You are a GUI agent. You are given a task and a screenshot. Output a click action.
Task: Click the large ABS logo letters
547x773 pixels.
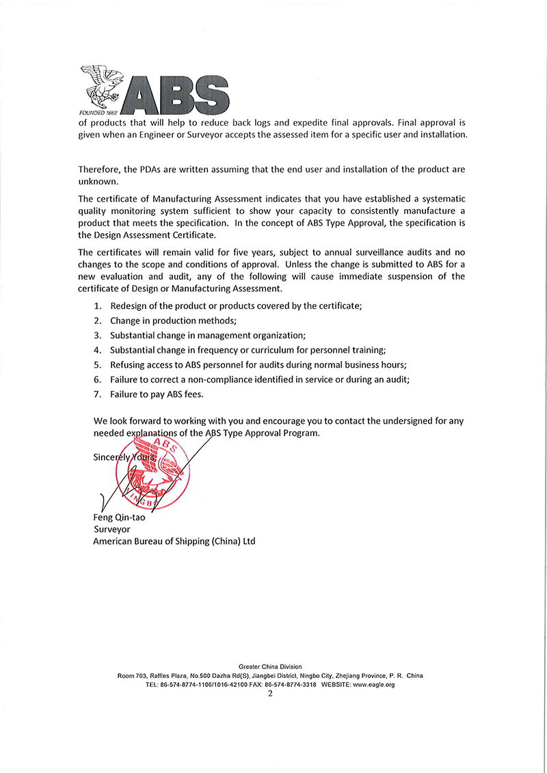(179, 91)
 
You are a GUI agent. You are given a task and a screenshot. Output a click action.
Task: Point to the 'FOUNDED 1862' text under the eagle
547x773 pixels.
(100, 112)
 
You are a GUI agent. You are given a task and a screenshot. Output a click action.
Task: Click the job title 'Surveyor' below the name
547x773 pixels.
(111, 529)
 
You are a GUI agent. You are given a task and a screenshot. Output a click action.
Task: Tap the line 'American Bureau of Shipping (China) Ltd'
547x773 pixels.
(174, 541)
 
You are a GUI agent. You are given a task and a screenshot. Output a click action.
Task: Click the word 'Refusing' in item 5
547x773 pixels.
(128, 365)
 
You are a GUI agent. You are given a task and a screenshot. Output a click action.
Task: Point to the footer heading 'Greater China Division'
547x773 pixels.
(270, 666)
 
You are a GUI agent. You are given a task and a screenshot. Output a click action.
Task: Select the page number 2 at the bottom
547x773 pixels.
(270, 693)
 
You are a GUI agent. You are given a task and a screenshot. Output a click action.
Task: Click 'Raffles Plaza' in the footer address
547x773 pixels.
(167, 675)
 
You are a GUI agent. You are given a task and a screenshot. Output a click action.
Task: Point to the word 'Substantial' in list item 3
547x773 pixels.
(133, 336)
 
